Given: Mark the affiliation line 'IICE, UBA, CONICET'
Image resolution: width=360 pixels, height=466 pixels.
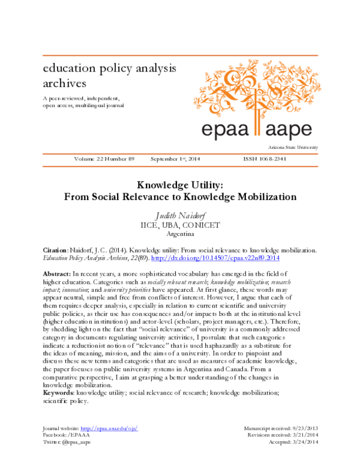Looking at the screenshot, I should coord(180,225).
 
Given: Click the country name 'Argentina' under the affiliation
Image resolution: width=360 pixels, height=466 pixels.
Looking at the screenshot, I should coord(180,234).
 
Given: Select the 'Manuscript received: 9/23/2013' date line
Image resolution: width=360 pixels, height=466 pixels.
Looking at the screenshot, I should coord(281,428).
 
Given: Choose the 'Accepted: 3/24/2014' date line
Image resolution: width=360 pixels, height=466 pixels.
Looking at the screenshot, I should coord(293,441).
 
